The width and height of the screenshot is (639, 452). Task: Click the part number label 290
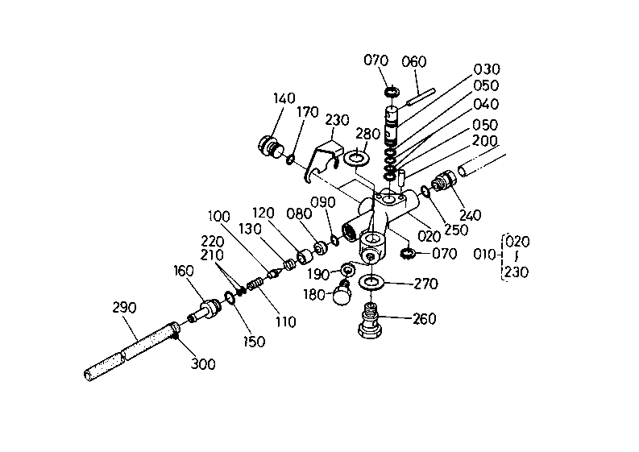(x=124, y=307)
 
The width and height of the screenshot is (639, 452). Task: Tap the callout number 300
(x=203, y=363)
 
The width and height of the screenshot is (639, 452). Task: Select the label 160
(x=184, y=271)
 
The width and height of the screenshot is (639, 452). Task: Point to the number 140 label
(x=284, y=98)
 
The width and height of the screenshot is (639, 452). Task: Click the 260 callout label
(x=424, y=319)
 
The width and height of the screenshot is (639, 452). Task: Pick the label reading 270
(x=425, y=284)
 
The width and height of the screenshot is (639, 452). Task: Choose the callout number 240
(x=471, y=215)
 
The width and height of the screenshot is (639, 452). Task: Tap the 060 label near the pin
(x=414, y=62)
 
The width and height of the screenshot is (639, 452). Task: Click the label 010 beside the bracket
(x=485, y=255)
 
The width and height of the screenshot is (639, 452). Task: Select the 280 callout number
(x=368, y=134)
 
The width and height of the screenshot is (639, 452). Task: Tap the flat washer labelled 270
(x=371, y=281)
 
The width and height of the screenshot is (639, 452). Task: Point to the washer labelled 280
(x=357, y=158)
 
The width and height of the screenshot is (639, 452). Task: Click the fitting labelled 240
(x=443, y=180)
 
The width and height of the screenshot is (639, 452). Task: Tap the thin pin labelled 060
(x=421, y=97)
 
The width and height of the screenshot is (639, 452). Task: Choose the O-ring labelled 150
(x=230, y=297)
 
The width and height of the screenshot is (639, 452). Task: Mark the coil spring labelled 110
(x=255, y=284)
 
